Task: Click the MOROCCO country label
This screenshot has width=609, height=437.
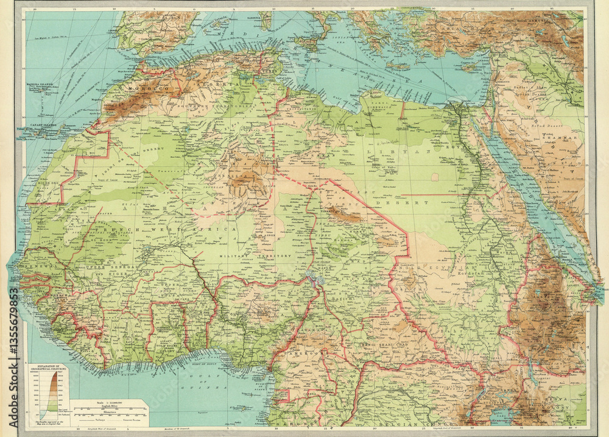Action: click(147, 89)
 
